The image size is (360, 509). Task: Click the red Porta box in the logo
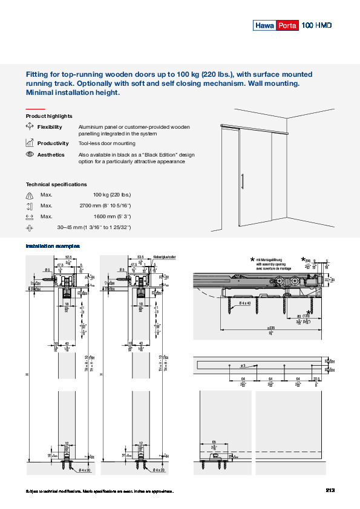pos(287,25)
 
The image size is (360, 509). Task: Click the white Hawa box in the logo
pos(264,25)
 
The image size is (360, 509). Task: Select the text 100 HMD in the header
pos(316,25)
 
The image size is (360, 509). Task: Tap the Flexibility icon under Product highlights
pos(30,127)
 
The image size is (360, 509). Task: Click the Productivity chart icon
pos(30,143)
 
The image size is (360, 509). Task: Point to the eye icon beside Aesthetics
pos(30,155)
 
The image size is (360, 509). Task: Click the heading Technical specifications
pos(56,184)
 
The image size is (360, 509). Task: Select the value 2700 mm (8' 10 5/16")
pos(105,206)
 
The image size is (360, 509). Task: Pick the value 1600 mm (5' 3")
pos(113,216)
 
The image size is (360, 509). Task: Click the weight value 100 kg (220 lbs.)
pos(112,195)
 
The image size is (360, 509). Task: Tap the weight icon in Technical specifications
pos(30,195)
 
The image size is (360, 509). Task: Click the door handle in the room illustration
pos(243,182)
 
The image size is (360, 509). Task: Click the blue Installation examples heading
pos(53,246)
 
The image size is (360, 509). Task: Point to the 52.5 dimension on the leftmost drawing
pos(69,257)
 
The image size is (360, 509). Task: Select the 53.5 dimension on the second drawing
pos(140,257)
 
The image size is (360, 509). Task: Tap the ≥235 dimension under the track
pos(269,328)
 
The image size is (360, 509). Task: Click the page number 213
pos(330,490)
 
